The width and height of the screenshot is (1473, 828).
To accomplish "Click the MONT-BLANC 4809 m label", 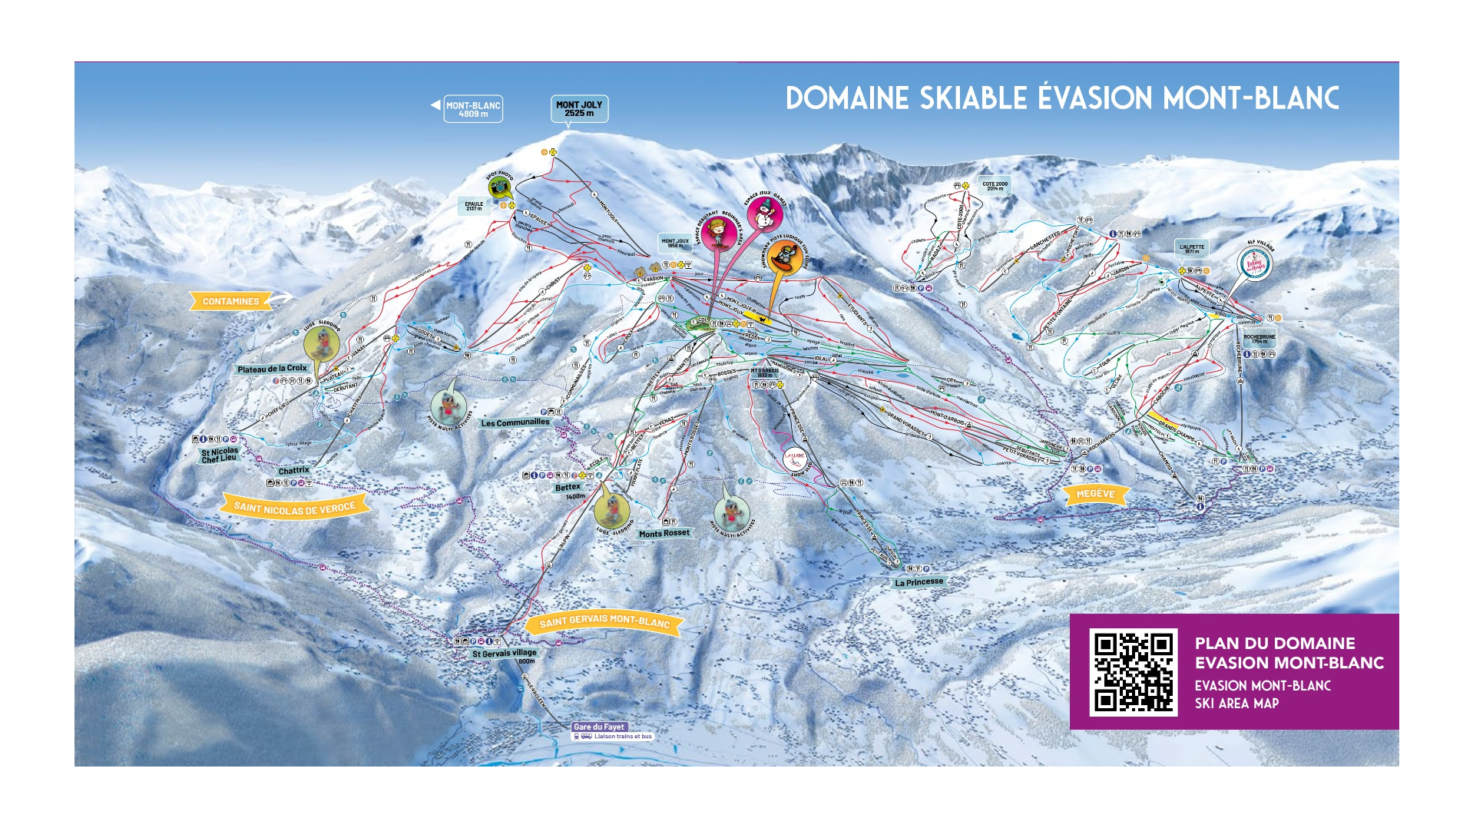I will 473,110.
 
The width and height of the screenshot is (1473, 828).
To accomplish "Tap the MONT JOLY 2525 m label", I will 579,109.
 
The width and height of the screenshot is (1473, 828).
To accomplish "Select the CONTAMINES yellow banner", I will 230,302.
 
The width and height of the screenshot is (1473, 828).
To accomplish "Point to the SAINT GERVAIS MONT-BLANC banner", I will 604,621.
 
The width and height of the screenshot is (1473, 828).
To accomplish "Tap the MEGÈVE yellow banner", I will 1095,494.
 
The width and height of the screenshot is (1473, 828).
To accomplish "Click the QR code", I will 1134,672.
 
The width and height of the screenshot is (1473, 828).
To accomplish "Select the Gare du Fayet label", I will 599,727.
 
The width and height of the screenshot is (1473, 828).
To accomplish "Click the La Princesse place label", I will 919,582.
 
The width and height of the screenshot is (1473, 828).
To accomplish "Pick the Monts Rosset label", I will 664,533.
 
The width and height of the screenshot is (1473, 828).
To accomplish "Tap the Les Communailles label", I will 515,422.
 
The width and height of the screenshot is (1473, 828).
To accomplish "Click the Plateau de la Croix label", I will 272,369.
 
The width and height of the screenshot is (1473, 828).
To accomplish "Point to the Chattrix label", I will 293,470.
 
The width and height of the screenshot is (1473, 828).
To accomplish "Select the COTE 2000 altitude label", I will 995,186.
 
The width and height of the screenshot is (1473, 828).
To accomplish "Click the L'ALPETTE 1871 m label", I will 1192,249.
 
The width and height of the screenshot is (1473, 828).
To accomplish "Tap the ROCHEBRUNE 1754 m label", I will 1259,339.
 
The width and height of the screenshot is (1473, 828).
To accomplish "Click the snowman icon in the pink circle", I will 765,213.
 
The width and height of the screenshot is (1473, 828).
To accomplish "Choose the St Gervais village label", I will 505,654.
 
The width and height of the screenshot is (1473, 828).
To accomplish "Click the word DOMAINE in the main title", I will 847,98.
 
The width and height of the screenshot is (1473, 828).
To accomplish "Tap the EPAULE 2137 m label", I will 474,206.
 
